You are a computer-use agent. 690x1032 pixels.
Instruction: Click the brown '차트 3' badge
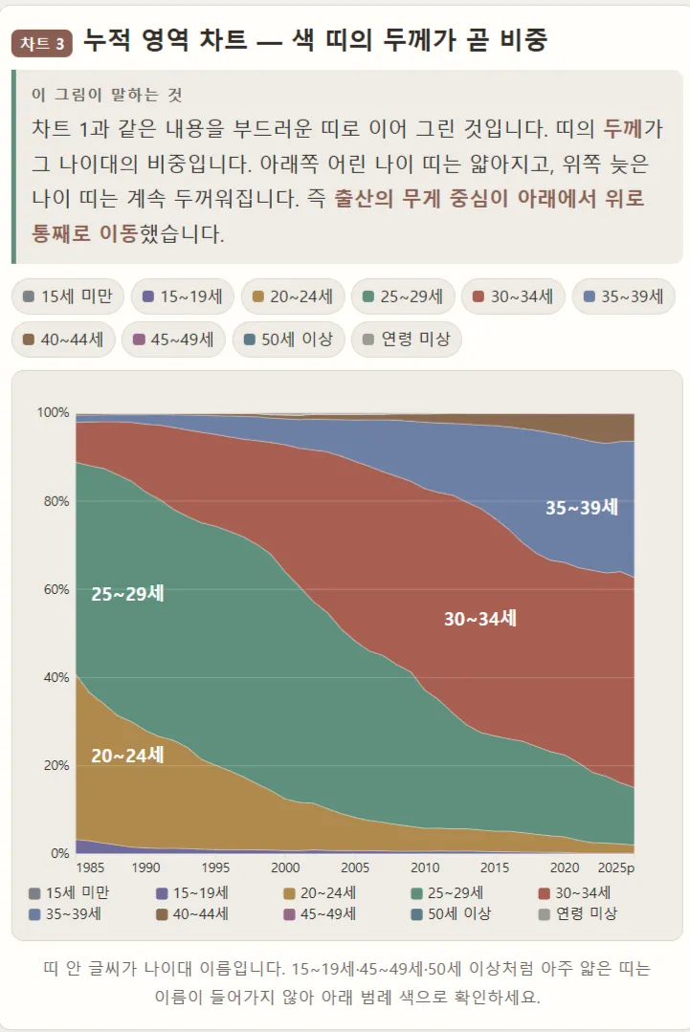(x=41, y=43)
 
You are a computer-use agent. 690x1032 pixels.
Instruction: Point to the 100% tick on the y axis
(x=54, y=412)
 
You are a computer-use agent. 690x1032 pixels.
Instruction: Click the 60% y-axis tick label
(x=56, y=589)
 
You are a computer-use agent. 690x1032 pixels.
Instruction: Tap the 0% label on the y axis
(x=60, y=853)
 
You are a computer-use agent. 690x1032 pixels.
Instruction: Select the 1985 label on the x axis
(x=90, y=867)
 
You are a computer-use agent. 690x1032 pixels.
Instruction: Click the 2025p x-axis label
(x=616, y=867)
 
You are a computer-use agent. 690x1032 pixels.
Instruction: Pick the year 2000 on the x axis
(x=285, y=867)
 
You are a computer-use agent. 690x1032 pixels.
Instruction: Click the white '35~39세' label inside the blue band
(x=582, y=508)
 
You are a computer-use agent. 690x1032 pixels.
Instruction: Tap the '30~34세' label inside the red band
(x=480, y=619)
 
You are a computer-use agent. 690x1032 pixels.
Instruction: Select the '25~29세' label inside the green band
(x=127, y=594)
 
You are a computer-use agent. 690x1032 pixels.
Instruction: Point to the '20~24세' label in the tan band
(x=127, y=756)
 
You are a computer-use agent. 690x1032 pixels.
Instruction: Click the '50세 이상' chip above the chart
(x=288, y=340)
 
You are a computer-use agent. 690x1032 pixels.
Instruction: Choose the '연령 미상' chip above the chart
(x=406, y=340)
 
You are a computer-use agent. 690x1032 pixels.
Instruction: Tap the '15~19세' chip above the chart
(x=183, y=296)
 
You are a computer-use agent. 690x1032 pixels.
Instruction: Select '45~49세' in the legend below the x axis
(x=320, y=913)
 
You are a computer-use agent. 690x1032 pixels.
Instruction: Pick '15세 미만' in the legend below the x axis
(x=69, y=893)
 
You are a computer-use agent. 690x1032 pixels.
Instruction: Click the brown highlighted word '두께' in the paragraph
(x=623, y=128)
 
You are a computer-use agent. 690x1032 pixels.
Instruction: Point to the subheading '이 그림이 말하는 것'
(x=106, y=95)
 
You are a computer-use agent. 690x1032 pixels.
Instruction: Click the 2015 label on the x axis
(x=495, y=867)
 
